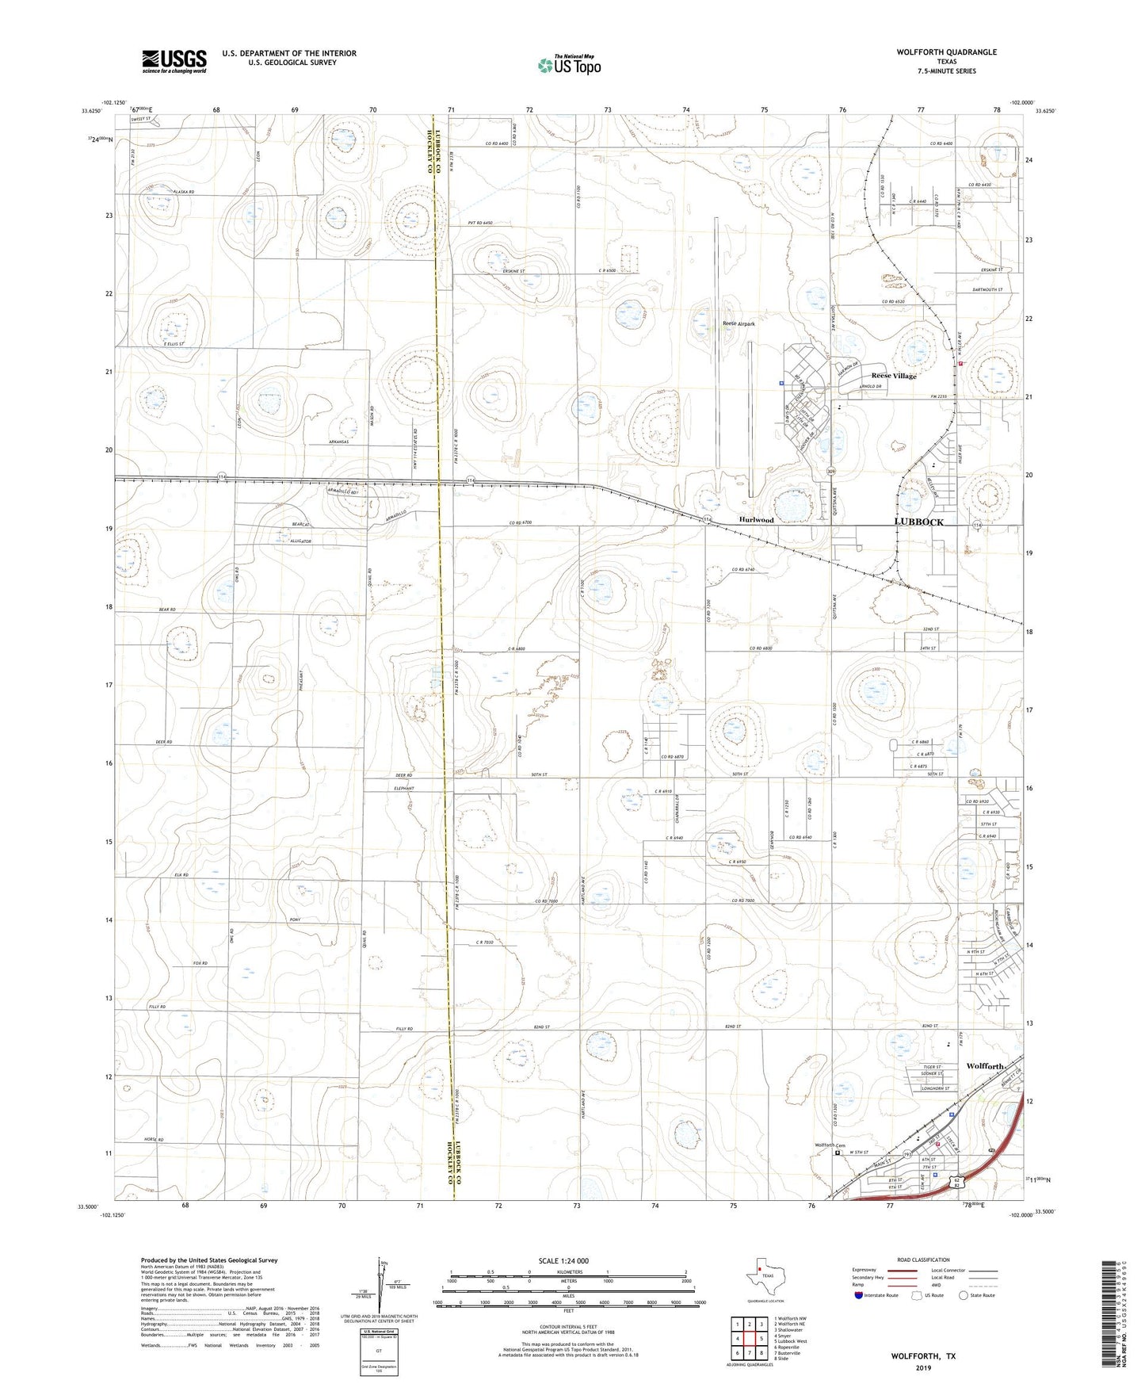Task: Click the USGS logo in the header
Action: coord(174,61)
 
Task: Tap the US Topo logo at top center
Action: coord(569,64)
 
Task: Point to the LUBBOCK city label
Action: coord(918,522)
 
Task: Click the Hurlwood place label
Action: coord(756,520)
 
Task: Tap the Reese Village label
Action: coord(894,376)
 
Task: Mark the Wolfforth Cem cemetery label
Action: coord(830,1145)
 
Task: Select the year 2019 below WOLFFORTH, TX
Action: coord(923,1368)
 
